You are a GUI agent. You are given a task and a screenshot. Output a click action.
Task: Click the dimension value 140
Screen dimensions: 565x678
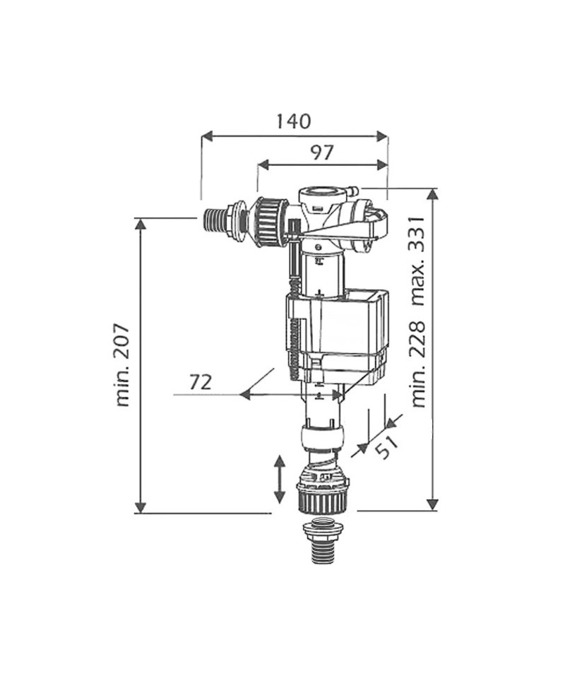tap(294, 121)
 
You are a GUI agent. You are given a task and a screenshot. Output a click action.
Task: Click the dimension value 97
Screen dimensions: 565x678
tap(323, 153)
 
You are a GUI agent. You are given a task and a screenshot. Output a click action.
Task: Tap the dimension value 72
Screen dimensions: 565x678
tap(201, 382)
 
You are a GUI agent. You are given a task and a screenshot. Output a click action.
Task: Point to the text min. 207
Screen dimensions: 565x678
tap(123, 364)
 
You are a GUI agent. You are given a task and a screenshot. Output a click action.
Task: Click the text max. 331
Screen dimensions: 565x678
tap(419, 261)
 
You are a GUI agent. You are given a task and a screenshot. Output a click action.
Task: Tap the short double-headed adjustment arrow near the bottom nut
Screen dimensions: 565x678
tap(280, 479)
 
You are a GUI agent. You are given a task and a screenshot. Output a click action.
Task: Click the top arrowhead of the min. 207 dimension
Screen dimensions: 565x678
tap(140, 224)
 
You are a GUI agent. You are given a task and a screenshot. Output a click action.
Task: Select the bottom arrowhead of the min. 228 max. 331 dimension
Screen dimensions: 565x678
tap(432, 504)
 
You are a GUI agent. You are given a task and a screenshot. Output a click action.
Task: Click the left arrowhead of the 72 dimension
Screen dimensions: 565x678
tap(245, 394)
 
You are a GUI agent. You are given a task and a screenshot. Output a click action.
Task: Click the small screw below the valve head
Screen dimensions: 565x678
tap(318, 247)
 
